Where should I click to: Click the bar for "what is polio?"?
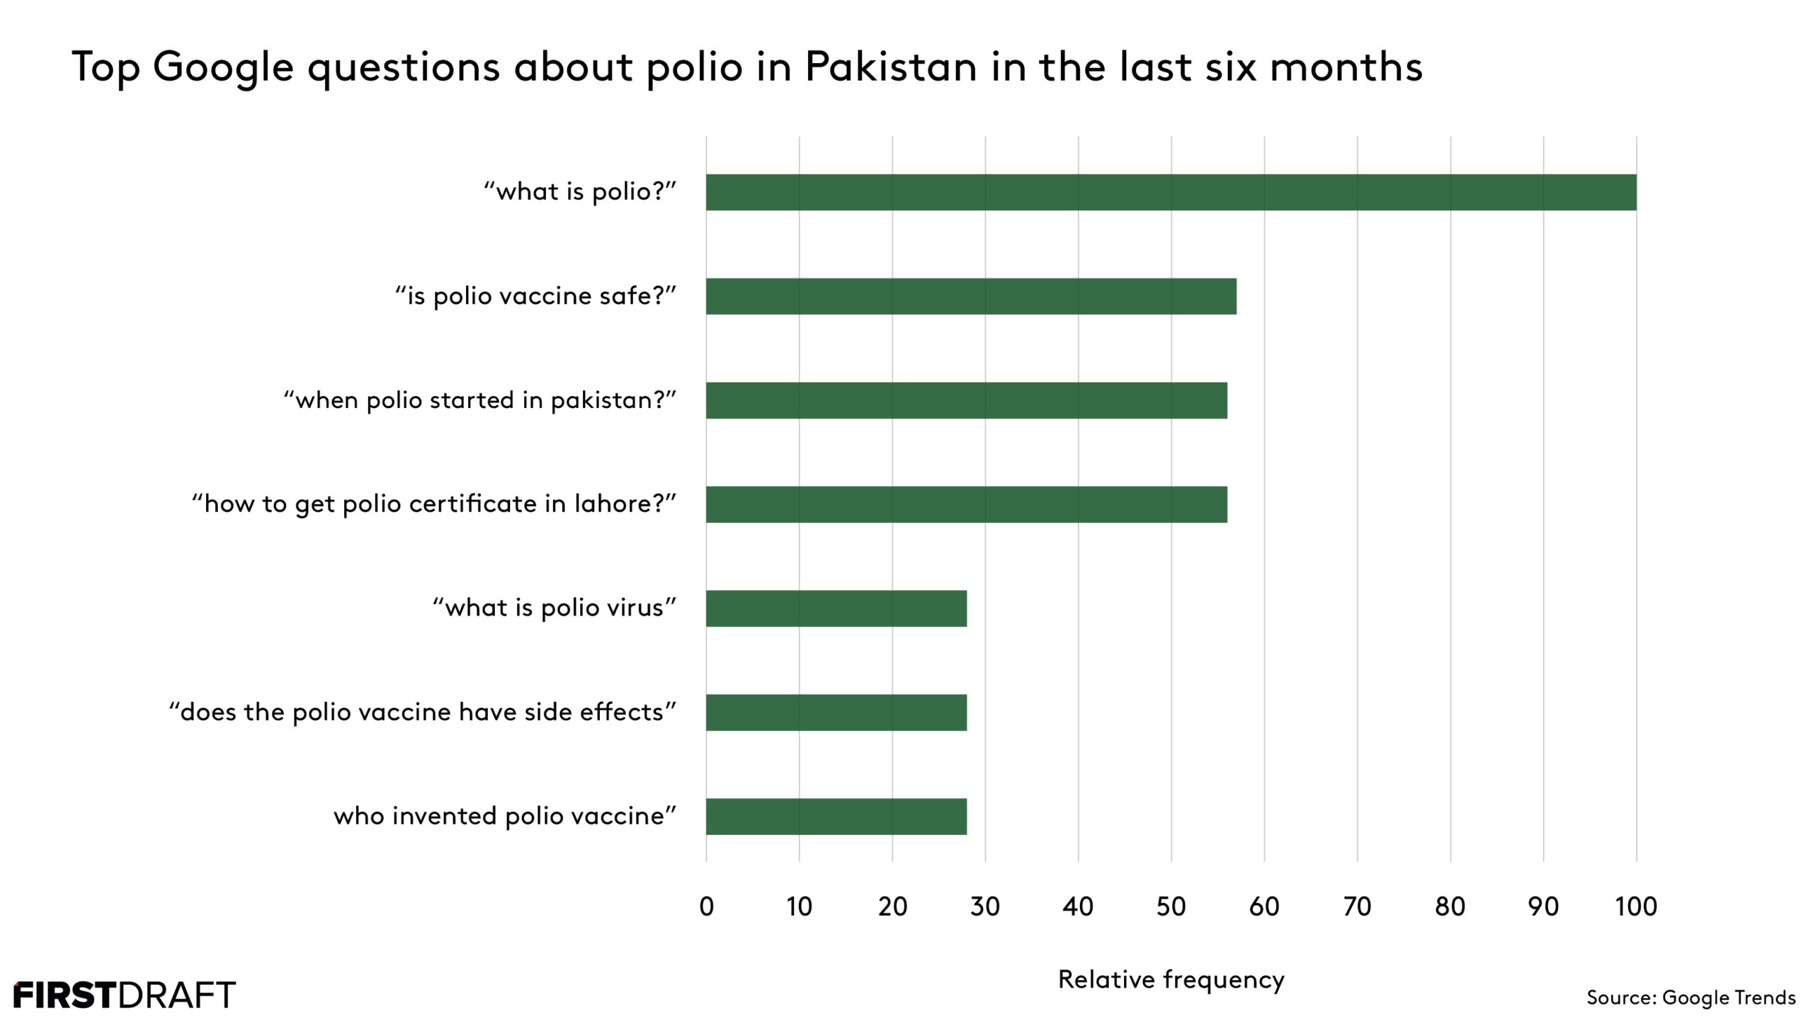[1171, 192]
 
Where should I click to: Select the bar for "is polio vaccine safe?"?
[971, 296]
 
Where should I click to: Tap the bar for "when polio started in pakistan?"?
[966, 400]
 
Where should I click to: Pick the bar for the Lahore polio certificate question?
[966, 504]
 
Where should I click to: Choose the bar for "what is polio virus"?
[836, 608]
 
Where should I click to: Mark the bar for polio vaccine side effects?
[836, 713]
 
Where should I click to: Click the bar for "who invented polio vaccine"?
[836, 817]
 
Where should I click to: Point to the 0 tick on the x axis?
[706, 907]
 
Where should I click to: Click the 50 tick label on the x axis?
[1171, 907]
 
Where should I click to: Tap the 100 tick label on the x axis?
[1636, 907]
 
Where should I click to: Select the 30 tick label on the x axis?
[985, 907]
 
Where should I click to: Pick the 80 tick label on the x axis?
[1450, 907]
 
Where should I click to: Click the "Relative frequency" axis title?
[1171, 980]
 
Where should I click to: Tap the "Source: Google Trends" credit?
[1690, 997]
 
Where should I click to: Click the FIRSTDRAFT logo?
[125, 995]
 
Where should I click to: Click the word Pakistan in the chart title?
[891, 67]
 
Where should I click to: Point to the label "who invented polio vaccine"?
[504, 817]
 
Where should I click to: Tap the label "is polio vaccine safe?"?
[535, 296]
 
